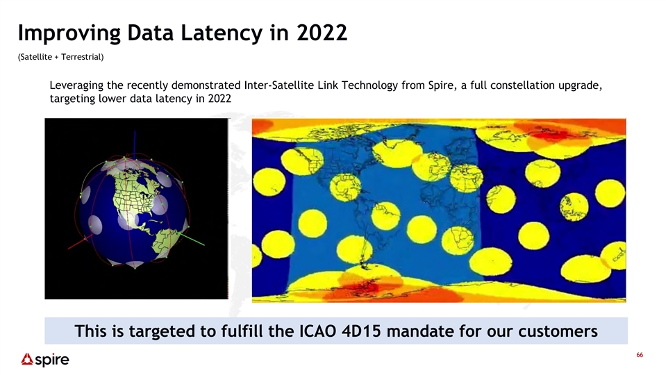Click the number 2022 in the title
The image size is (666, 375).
pos(322,32)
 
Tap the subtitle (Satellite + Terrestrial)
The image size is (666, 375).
pos(60,57)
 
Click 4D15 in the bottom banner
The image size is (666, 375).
pos(361,331)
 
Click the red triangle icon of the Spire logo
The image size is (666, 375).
pos(27,359)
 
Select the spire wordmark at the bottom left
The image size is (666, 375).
pos(52,360)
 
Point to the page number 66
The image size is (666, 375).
pos(640,355)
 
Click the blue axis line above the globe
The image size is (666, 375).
pos(135,145)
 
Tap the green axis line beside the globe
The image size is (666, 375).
pos(191,239)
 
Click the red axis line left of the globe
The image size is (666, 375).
pos(79,242)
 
